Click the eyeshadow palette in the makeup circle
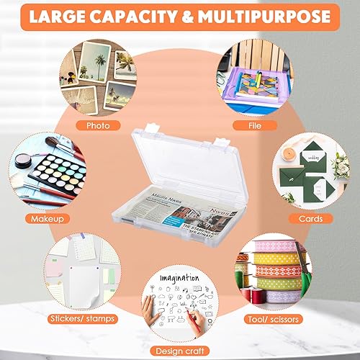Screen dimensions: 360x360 pos(43,173)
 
